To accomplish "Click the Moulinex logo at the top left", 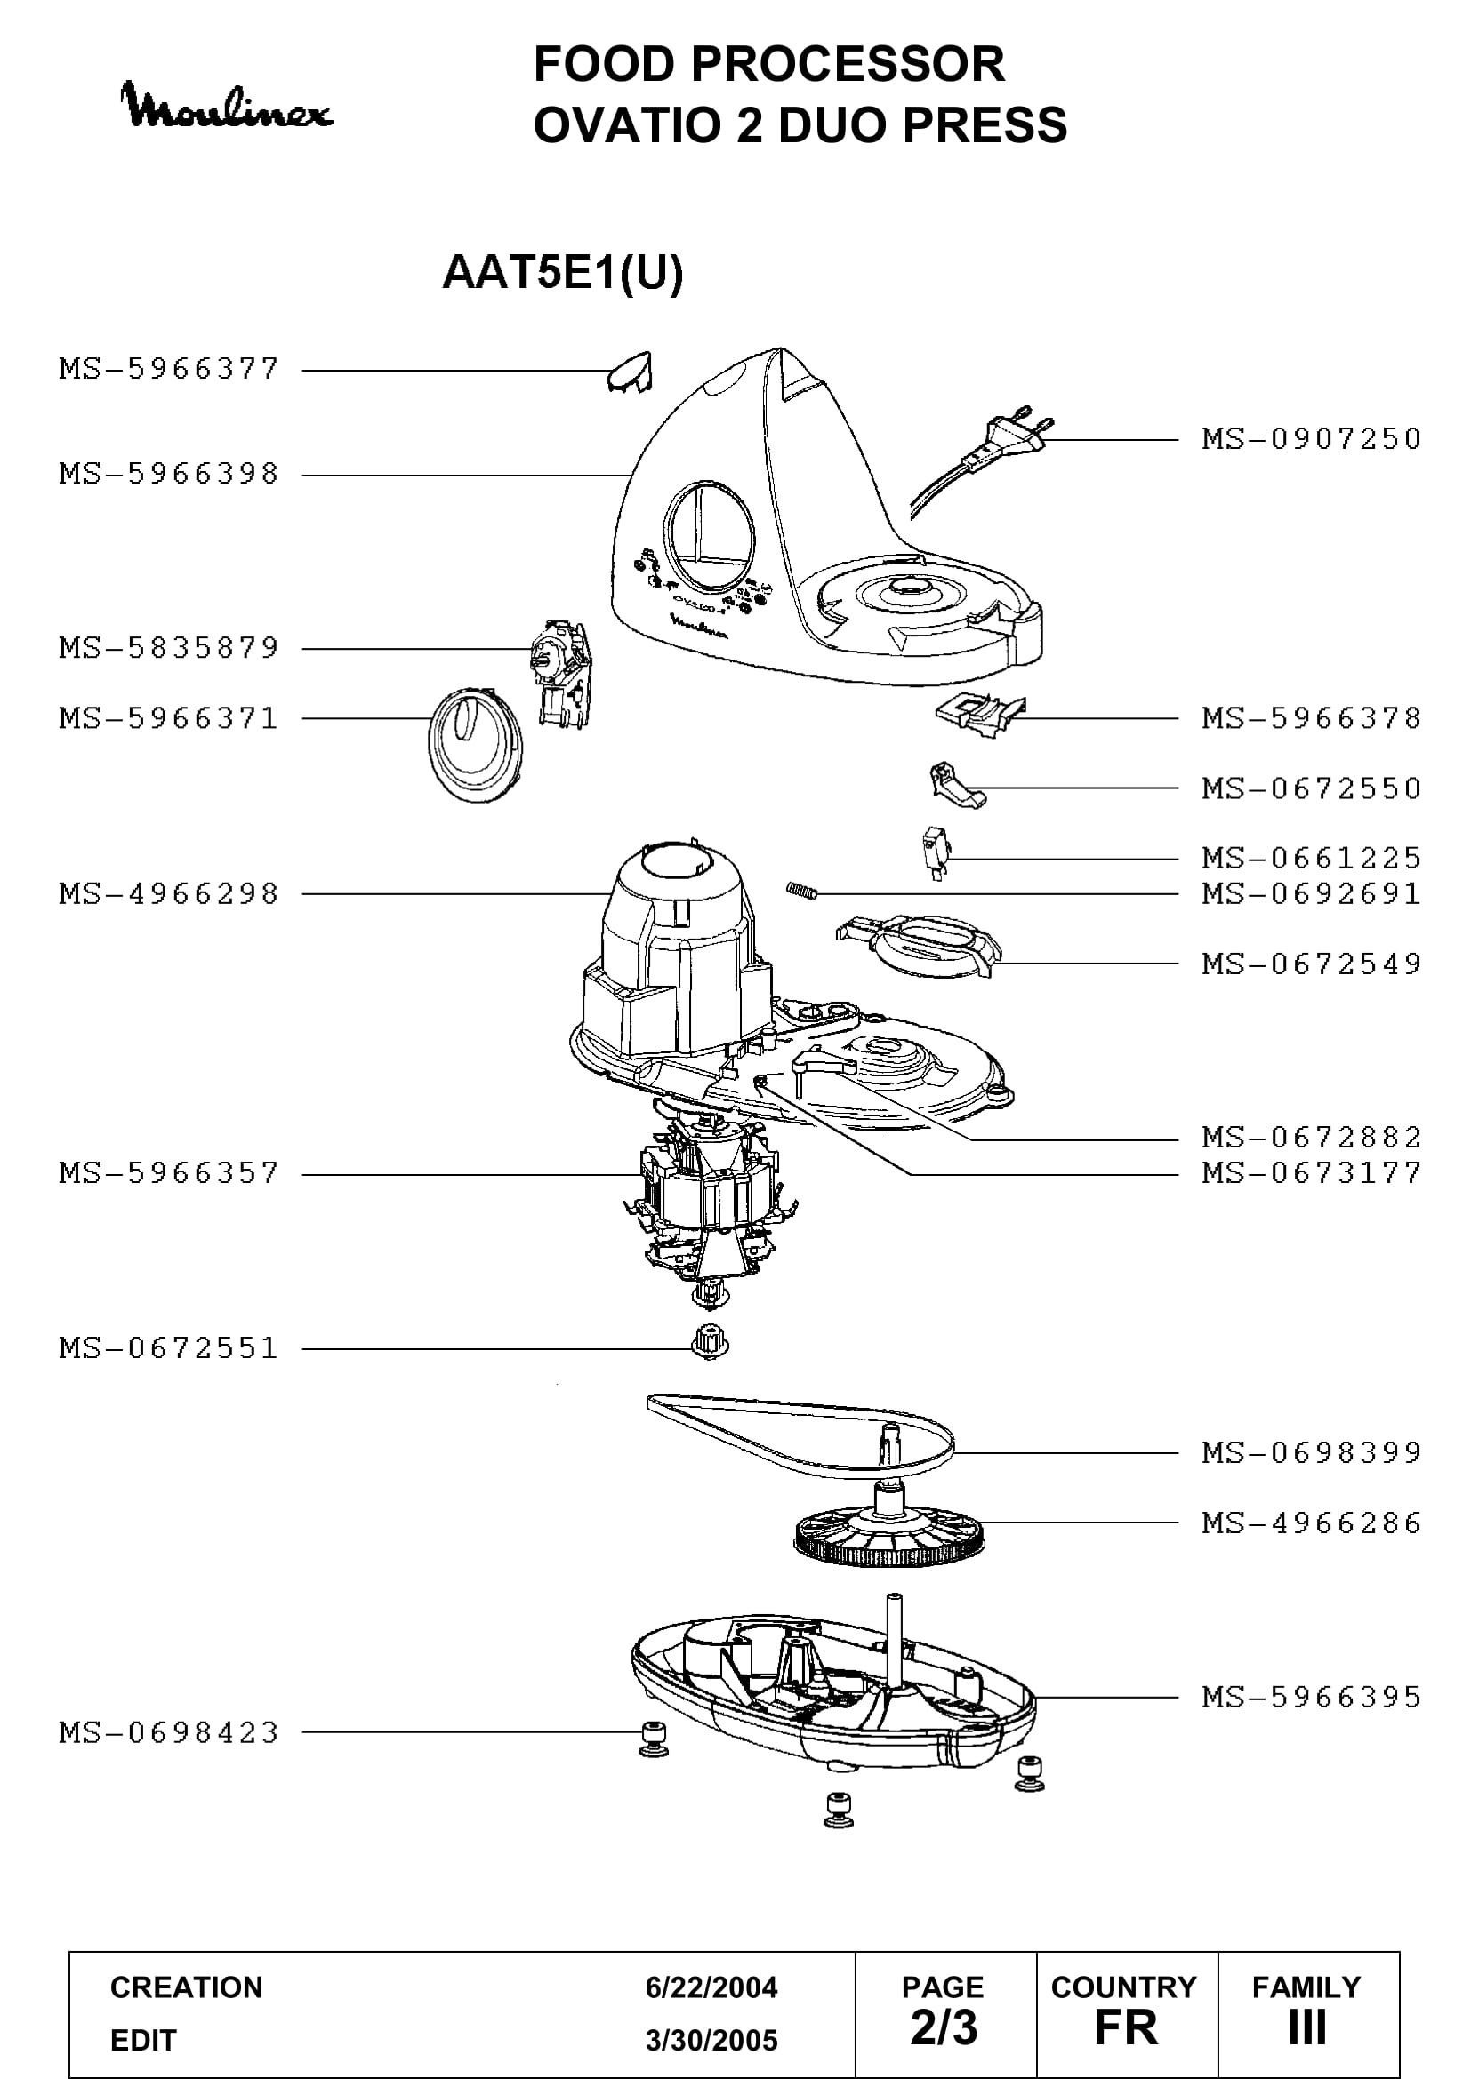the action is click(227, 107).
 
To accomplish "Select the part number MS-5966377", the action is click(169, 370).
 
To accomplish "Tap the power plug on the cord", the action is click(1022, 434).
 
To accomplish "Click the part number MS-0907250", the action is click(1312, 440).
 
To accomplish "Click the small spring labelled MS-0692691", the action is click(802, 891).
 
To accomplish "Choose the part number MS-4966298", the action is click(169, 895).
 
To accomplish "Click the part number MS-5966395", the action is click(1312, 1698).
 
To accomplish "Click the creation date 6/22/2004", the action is click(711, 1987).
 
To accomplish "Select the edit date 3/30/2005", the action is click(711, 2040).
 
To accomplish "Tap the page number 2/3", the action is click(944, 2027).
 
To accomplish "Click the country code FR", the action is click(1126, 2028).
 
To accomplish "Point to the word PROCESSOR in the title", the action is click(847, 64).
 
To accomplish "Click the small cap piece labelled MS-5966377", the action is click(630, 372).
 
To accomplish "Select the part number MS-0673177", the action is click(1312, 1174).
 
